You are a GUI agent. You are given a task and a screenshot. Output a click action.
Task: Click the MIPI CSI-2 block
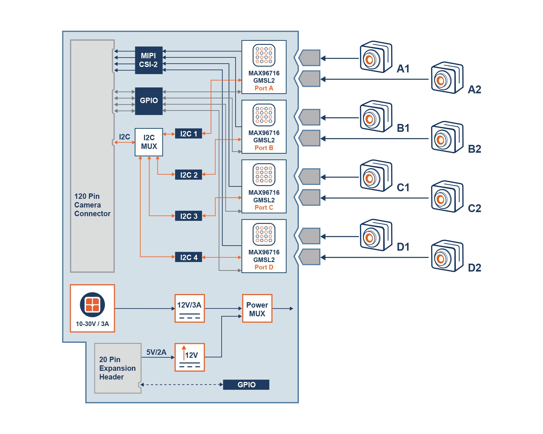(x=149, y=60)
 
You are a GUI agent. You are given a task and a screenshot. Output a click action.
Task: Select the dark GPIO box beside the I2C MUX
(x=149, y=101)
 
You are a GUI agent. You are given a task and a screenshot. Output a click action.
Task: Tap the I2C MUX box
(x=149, y=142)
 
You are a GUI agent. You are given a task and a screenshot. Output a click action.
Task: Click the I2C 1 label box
(x=188, y=134)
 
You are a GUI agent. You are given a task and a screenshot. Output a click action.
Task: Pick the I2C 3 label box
(x=188, y=216)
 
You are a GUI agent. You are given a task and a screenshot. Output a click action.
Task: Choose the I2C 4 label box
(x=188, y=257)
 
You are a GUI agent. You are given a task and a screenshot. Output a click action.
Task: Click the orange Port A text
(x=264, y=88)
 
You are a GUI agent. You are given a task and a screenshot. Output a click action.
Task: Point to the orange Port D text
(x=264, y=267)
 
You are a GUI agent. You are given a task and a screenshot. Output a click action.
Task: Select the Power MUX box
(x=257, y=309)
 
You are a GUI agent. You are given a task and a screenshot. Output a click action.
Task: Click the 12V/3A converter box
(x=189, y=308)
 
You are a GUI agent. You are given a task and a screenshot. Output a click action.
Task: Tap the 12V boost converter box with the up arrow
(x=189, y=357)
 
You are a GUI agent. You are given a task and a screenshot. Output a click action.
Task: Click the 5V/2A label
(x=156, y=352)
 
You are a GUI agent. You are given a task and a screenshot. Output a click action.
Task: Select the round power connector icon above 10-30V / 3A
(x=92, y=305)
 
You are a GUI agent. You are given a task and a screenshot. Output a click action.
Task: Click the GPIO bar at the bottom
(x=246, y=385)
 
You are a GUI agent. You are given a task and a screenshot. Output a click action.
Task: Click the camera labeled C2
(x=447, y=197)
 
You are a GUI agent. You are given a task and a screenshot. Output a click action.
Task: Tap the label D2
(x=474, y=268)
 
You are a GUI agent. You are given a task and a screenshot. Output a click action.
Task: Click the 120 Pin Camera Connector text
(x=92, y=205)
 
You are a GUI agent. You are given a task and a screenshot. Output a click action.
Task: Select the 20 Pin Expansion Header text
(x=117, y=368)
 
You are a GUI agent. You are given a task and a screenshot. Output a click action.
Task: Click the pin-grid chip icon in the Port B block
(x=264, y=115)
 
